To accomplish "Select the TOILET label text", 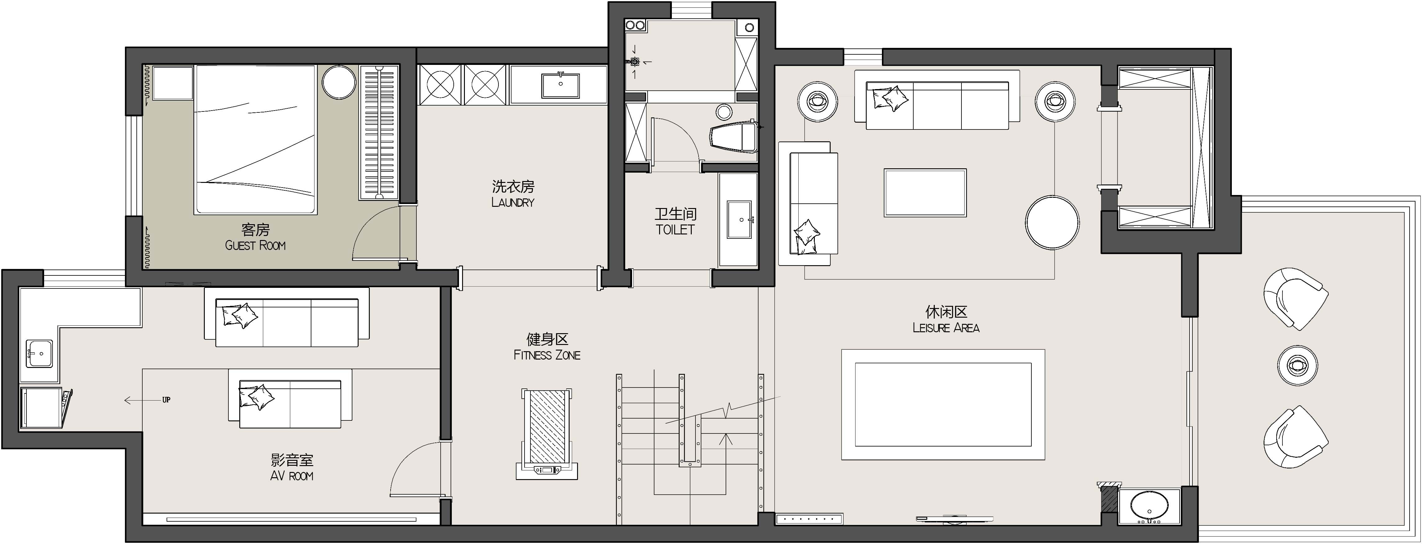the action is click(x=675, y=229).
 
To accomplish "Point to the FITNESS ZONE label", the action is click(x=547, y=355).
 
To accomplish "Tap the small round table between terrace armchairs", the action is click(x=1297, y=365).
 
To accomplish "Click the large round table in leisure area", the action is click(x=1052, y=222).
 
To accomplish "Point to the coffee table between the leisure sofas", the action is click(x=925, y=193).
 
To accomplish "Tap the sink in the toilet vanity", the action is click(x=739, y=220).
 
